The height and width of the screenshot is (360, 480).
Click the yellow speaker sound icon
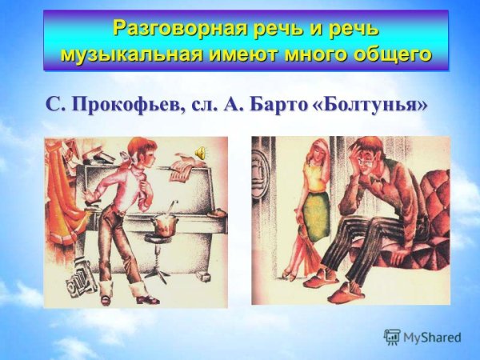tap(200, 151)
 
